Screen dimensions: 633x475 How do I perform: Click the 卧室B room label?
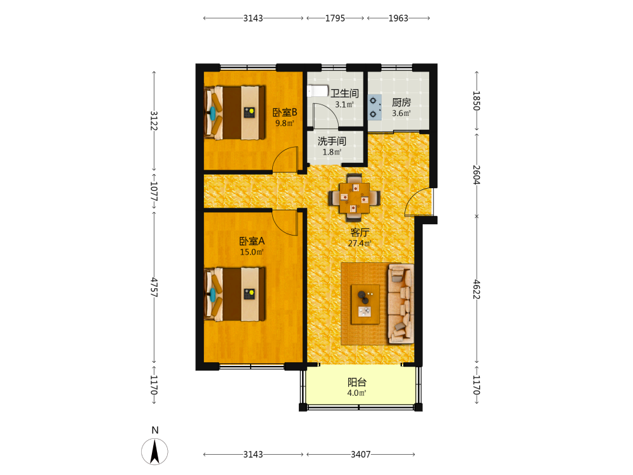(x=285, y=112)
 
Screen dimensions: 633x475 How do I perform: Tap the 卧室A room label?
(x=252, y=241)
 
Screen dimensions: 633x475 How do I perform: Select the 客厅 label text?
(x=360, y=232)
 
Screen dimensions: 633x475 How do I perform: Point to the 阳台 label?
(x=357, y=382)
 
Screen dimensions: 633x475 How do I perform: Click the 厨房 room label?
(x=401, y=103)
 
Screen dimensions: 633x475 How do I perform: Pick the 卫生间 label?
(x=344, y=93)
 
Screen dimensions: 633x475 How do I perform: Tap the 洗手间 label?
(x=332, y=141)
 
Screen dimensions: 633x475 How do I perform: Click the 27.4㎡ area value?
(x=360, y=243)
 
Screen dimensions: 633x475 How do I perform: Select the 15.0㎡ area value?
(x=251, y=252)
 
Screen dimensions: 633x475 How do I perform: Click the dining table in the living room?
(x=354, y=198)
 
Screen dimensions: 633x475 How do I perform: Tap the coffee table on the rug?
(x=365, y=304)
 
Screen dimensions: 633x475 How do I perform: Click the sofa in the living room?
(x=401, y=304)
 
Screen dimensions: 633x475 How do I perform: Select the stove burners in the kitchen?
(x=374, y=108)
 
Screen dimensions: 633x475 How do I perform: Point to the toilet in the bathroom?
(x=318, y=91)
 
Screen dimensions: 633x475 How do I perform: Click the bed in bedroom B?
(x=235, y=112)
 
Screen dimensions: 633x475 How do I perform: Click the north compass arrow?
(x=154, y=452)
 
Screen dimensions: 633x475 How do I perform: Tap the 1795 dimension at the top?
(x=335, y=18)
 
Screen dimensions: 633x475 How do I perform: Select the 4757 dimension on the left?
(x=154, y=287)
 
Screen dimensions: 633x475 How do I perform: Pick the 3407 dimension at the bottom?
(x=361, y=454)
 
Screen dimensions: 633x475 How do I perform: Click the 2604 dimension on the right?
(x=477, y=175)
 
